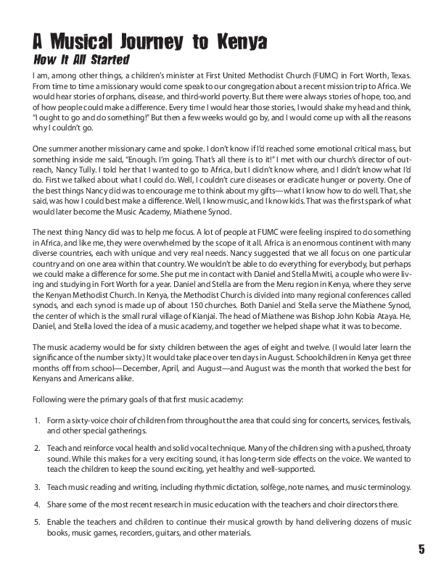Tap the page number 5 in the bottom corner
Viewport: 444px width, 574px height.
[x=422, y=549]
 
